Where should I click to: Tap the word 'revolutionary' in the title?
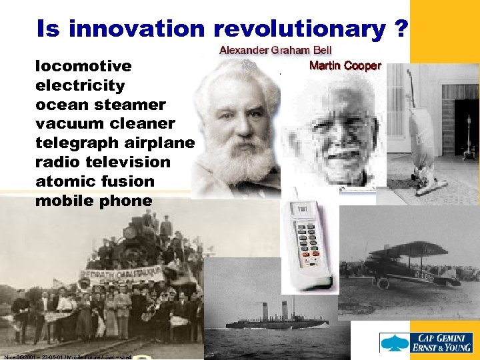tap(299, 29)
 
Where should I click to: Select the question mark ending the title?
tap(401, 29)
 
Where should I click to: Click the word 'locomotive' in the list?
tap(83, 67)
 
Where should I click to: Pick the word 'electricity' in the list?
tap(80, 85)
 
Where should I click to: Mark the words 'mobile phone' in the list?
tap(93, 200)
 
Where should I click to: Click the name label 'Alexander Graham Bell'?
tap(277, 51)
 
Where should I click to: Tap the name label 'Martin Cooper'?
tap(345, 65)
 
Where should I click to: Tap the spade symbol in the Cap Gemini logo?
tap(394, 342)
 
